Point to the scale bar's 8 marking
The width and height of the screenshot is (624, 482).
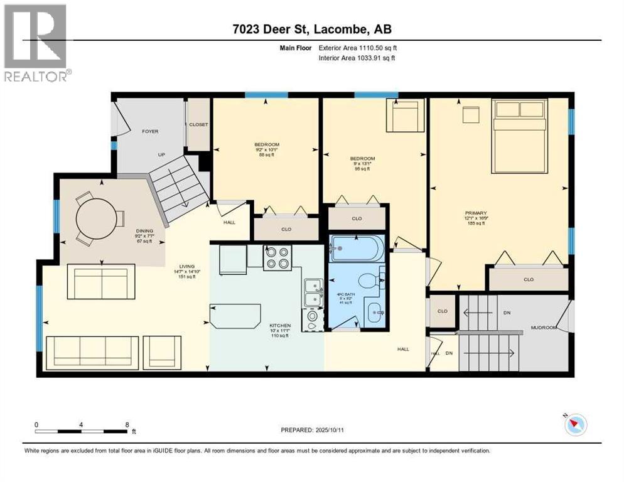click(x=128, y=424)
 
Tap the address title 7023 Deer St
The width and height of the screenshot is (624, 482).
click(x=311, y=29)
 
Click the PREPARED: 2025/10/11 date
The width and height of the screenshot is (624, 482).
click(x=314, y=430)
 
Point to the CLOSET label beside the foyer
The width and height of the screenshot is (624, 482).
click(x=198, y=124)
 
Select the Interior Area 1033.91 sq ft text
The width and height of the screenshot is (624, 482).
click(x=357, y=58)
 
